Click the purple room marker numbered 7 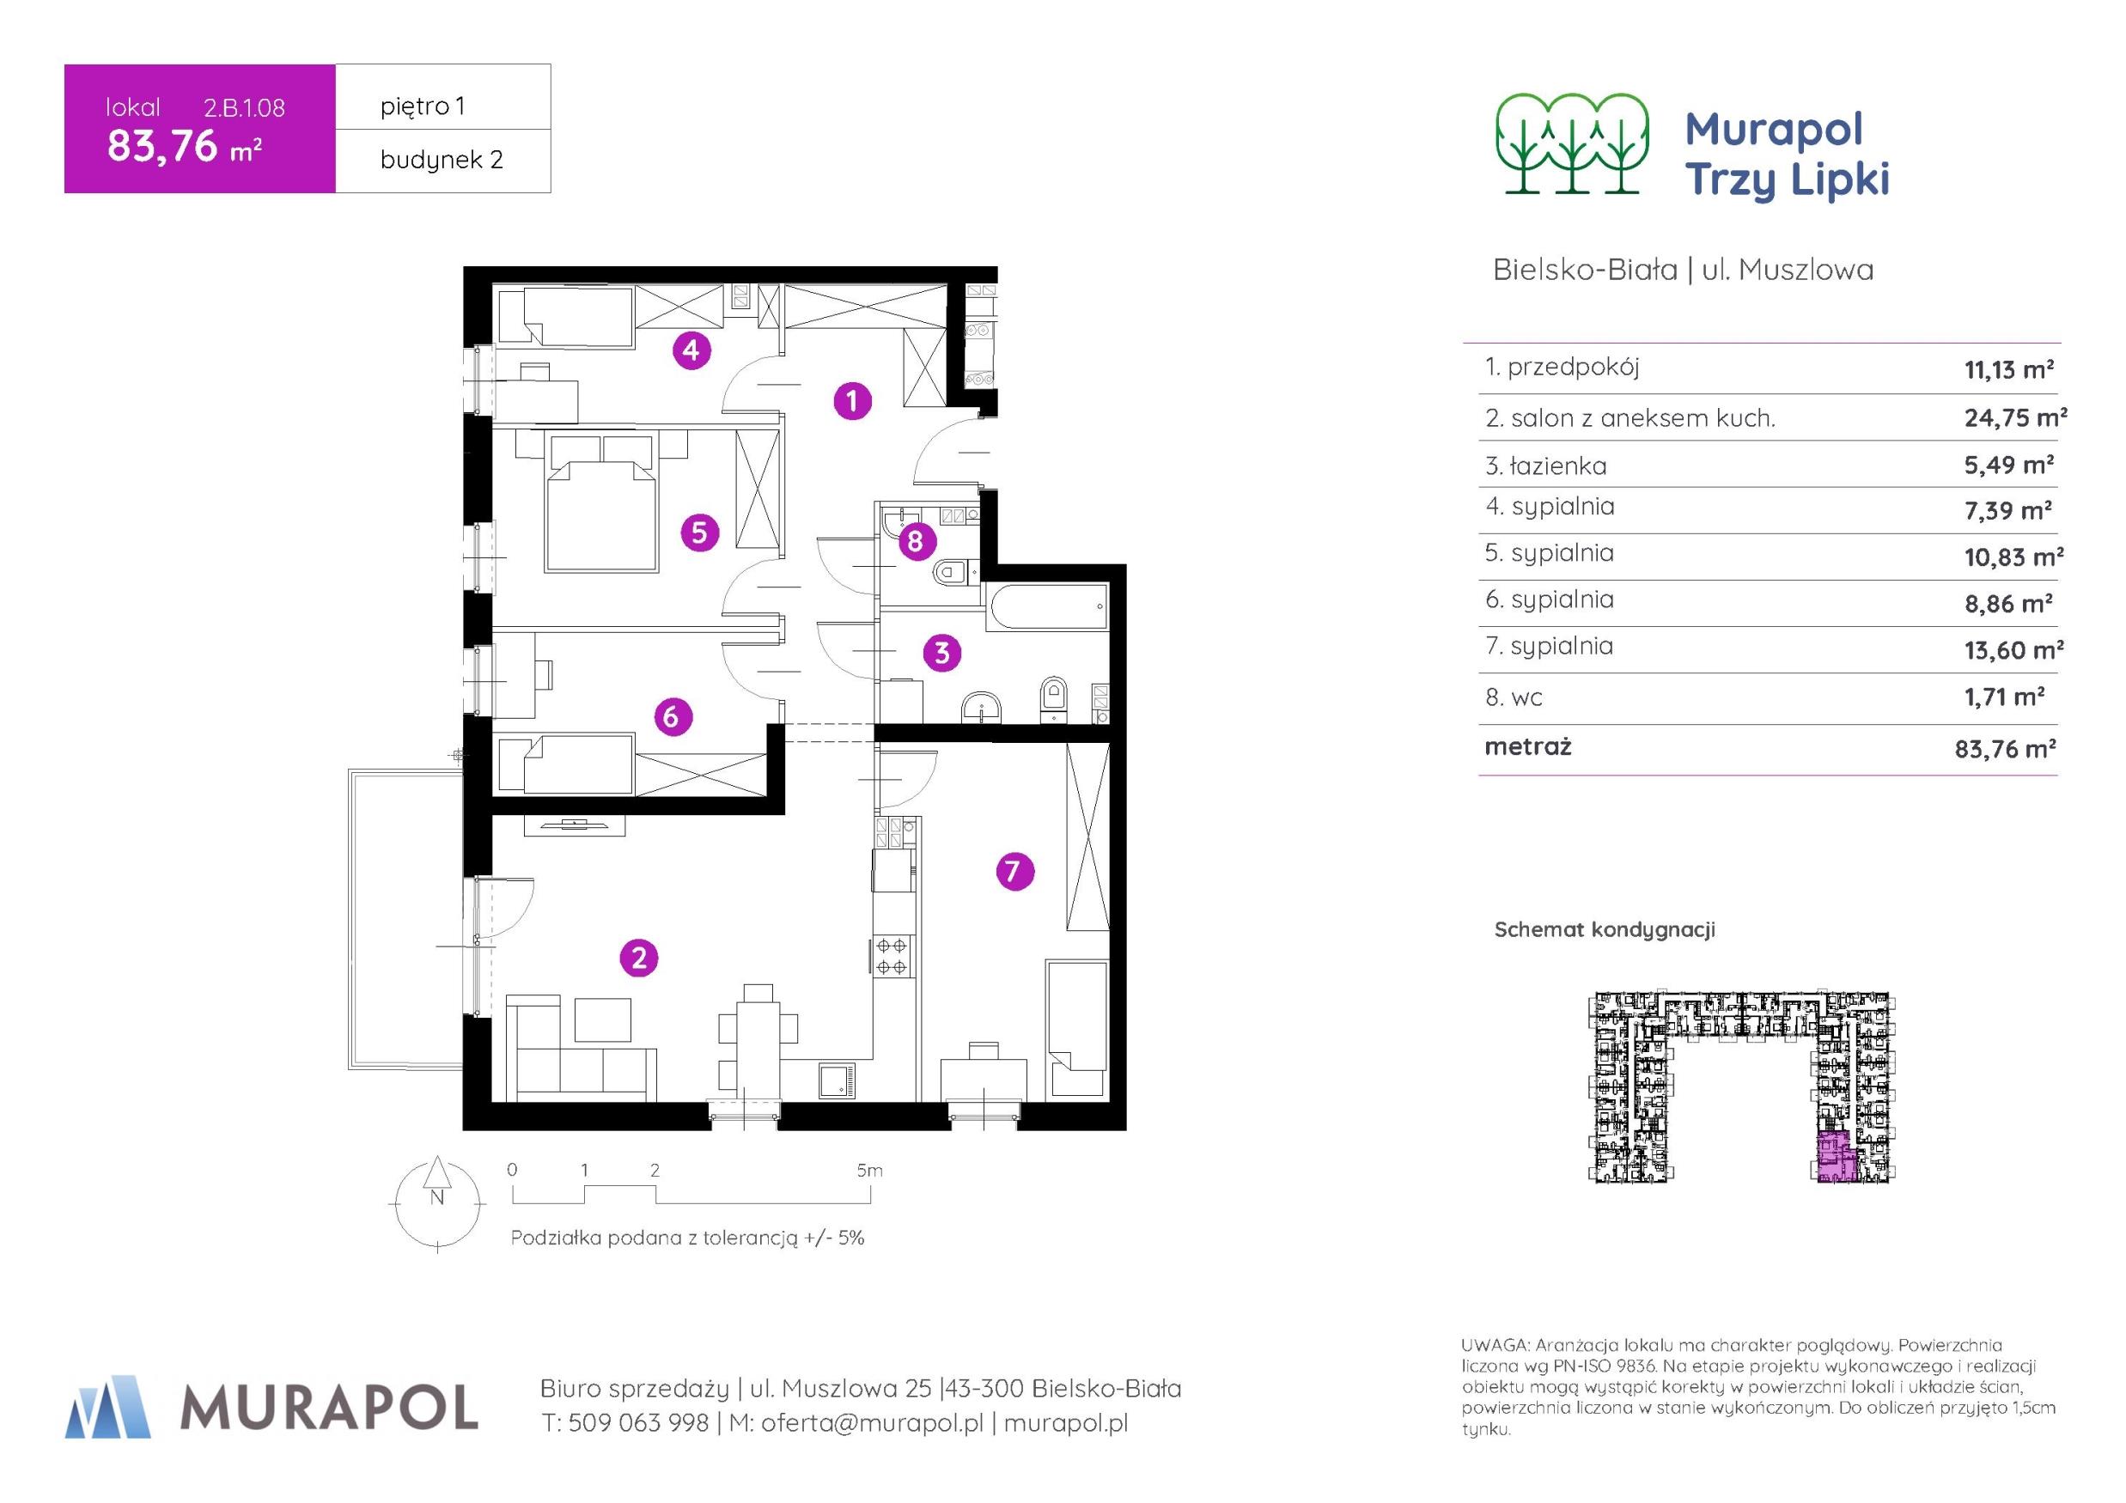click(x=1014, y=872)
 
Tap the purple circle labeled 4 click(x=691, y=351)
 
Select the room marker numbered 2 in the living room click(x=639, y=958)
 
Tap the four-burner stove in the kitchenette click(x=892, y=956)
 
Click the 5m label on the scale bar click(x=869, y=1171)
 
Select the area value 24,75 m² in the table click(x=2016, y=417)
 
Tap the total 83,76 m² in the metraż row click(x=2006, y=748)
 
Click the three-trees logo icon click(x=1572, y=143)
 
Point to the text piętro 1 click(x=423, y=106)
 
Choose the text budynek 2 click(x=442, y=159)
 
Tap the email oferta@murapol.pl click(x=872, y=1423)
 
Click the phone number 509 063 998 click(x=639, y=1423)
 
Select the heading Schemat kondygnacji click(x=1605, y=930)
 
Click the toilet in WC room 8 click(x=951, y=573)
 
